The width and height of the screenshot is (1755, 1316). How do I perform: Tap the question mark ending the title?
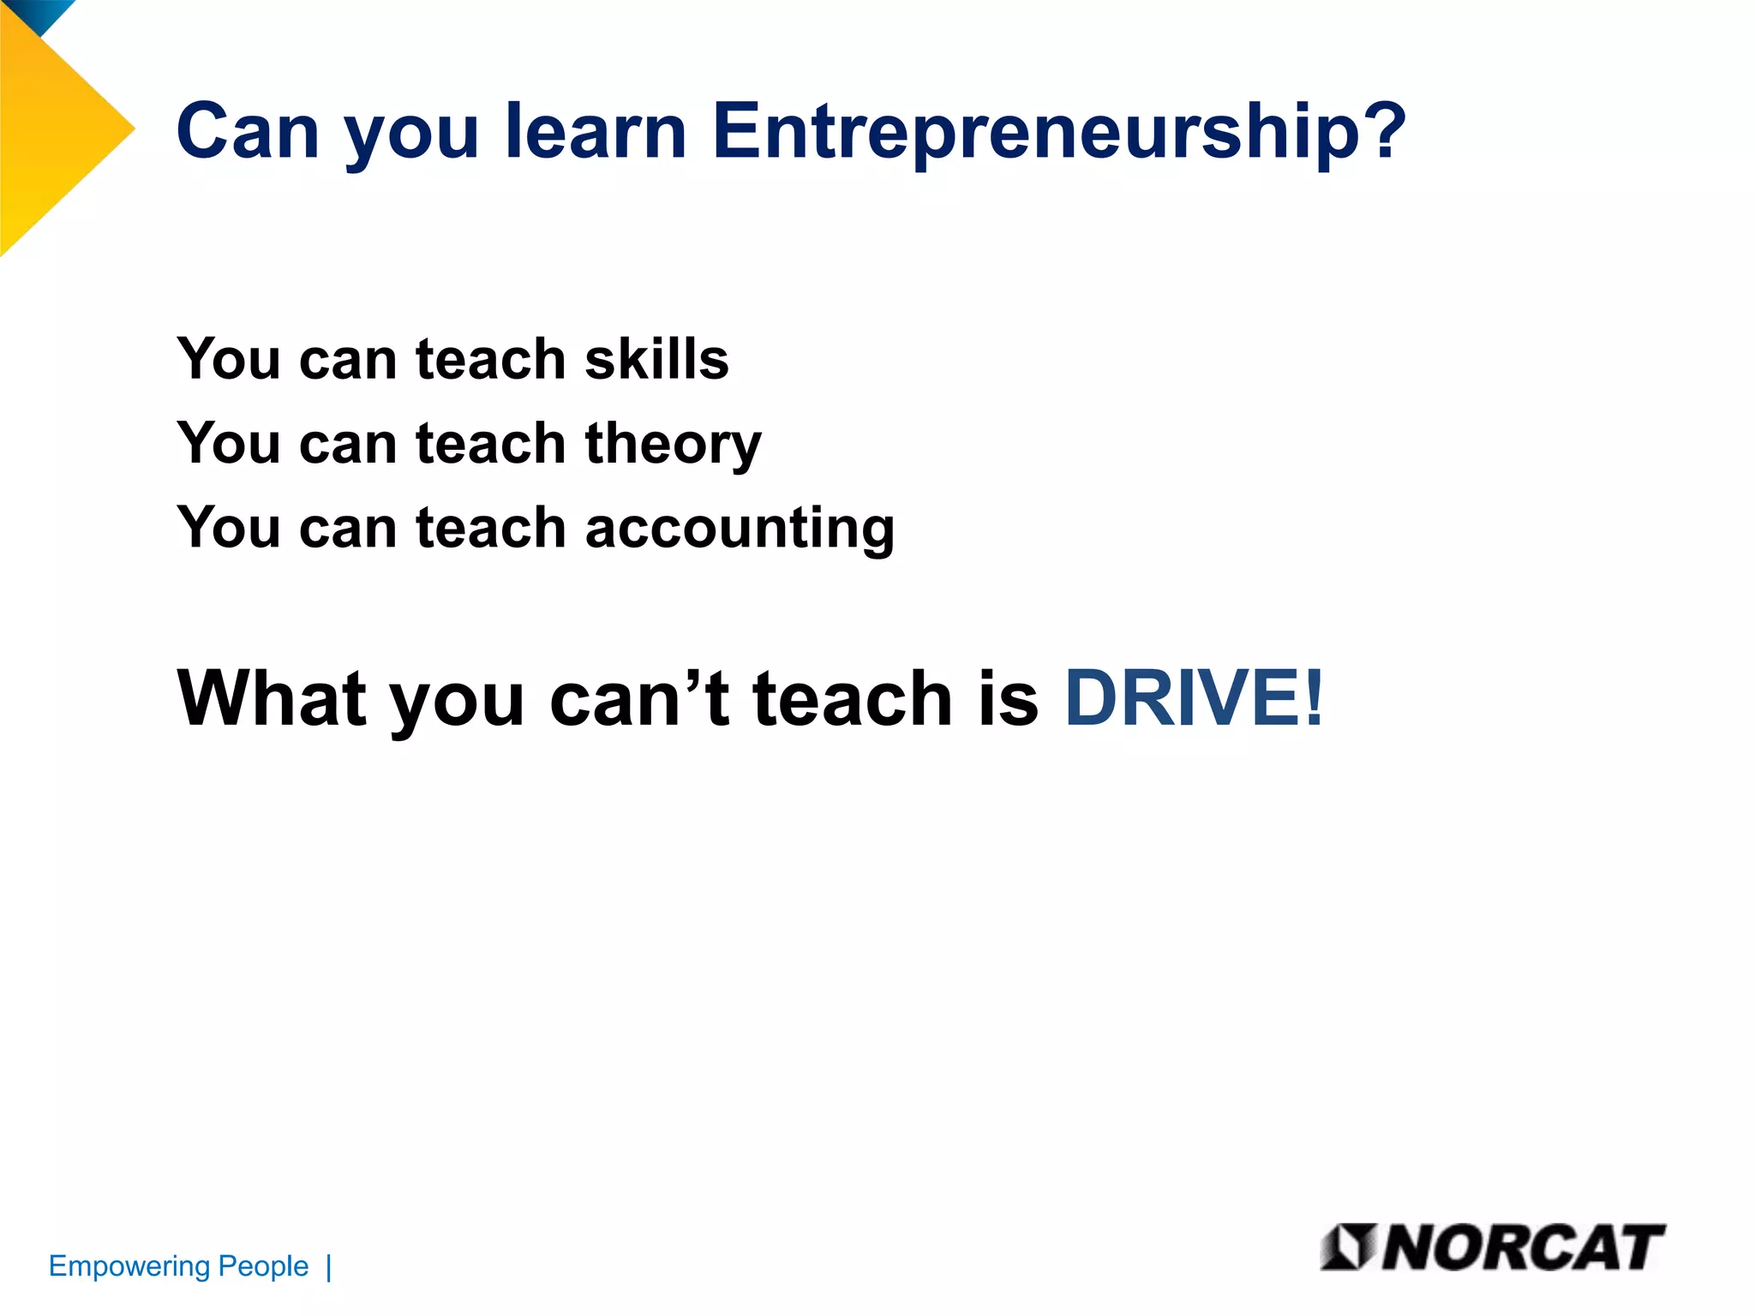tap(1381, 130)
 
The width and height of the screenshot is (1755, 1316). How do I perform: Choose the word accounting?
tap(740, 529)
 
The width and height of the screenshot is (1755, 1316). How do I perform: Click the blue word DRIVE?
tap(1182, 698)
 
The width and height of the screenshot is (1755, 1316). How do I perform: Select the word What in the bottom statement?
tap(272, 698)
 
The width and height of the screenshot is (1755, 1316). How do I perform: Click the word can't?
tap(639, 698)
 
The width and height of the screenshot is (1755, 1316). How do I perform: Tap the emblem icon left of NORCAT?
tap(1348, 1247)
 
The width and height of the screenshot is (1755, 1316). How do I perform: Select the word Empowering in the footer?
tap(129, 1266)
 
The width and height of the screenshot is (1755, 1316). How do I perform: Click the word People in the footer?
tap(263, 1266)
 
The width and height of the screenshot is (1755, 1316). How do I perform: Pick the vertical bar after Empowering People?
tap(329, 1267)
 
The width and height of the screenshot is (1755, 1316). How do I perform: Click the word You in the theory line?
tap(227, 444)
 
